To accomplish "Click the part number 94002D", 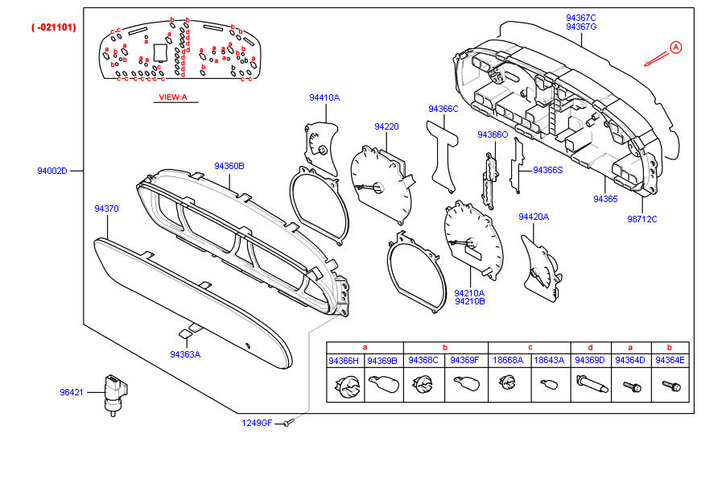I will (52, 171).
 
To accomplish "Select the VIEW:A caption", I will (172, 97).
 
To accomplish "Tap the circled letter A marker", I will (675, 48).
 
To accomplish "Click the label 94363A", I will (185, 354).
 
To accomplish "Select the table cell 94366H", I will (344, 361).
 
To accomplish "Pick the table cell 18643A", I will (549, 361).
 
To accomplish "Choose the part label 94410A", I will (324, 97).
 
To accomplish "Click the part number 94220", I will (386, 126).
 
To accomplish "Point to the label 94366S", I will (548, 170).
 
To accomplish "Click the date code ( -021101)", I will (54, 27).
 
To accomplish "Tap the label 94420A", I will (534, 217).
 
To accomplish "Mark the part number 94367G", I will (580, 27).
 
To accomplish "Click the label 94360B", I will (229, 165).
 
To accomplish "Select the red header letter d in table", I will (590, 346).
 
